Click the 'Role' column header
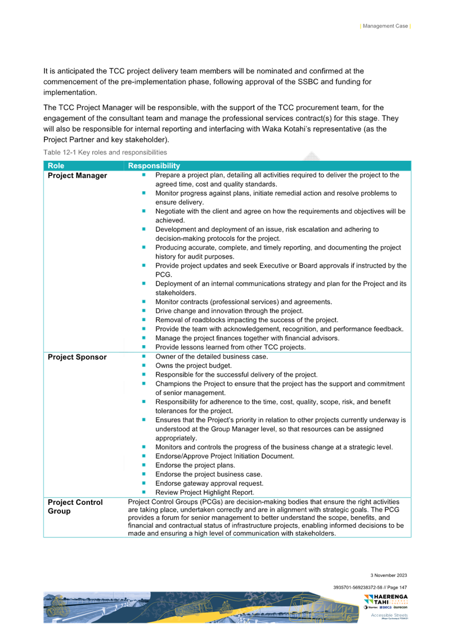(x=56, y=166)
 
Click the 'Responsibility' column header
(x=154, y=166)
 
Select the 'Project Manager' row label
(x=77, y=176)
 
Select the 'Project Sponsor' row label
(x=77, y=357)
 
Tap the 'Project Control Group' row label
(x=75, y=507)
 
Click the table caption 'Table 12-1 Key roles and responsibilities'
(x=105, y=152)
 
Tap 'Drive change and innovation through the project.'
(x=229, y=311)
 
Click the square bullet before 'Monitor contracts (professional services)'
(x=143, y=301)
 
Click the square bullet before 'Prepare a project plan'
(x=143, y=175)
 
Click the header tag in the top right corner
(x=385, y=26)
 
